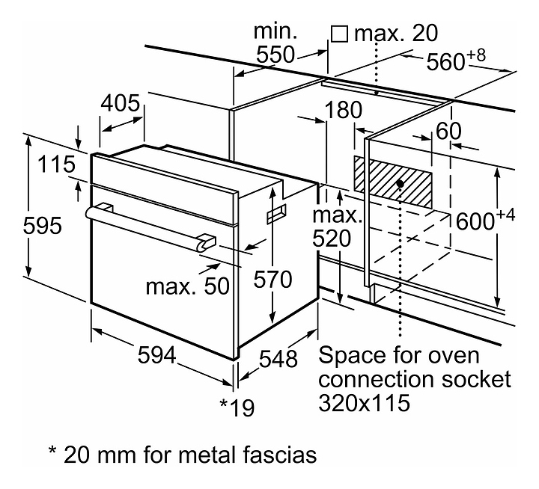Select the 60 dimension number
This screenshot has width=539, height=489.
[448, 130]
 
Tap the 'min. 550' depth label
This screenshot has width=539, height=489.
[275, 43]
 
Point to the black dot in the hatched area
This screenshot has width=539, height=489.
[401, 183]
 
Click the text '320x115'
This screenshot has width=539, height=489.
[365, 405]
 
